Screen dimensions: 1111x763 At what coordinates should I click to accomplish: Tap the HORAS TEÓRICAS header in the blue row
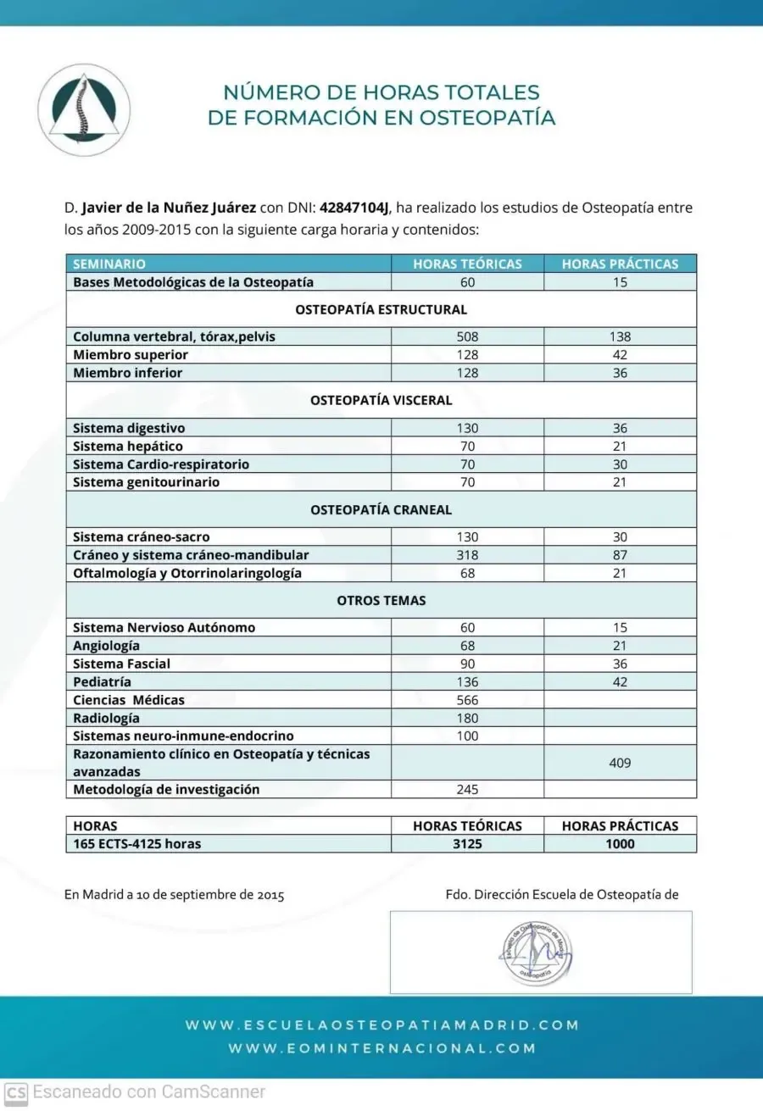tap(467, 264)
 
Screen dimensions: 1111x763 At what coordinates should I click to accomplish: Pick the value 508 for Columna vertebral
tap(467, 336)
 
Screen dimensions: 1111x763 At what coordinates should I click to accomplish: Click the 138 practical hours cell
tap(620, 336)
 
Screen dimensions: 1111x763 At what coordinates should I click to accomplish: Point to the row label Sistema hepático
tap(128, 446)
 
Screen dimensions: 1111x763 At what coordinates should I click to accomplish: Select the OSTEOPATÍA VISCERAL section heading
tap(381, 400)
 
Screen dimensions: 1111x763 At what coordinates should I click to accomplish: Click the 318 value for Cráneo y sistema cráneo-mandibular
tap(467, 555)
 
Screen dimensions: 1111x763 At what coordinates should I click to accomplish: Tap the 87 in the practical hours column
tap(620, 555)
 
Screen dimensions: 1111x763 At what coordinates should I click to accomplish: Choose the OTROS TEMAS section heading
tap(381, 600)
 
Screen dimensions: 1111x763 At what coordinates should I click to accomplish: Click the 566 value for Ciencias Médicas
tap(467, 700)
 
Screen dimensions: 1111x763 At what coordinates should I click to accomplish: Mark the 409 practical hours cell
tap(620, 763)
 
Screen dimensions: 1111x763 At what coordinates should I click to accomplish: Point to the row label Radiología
tap(107, 718)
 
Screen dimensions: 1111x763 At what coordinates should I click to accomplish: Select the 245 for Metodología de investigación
tap(467, 789)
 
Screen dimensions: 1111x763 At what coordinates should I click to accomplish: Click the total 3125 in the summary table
tap(467, 843)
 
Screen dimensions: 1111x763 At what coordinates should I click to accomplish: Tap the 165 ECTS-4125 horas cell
tap(137, 843)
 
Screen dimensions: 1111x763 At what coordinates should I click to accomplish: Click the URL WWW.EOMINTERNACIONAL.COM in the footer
tap(381, 1048)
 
